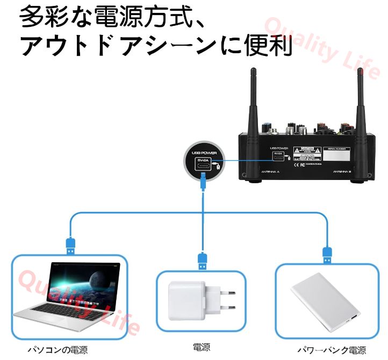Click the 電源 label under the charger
[202, 347]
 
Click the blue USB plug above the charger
[202, 260]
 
